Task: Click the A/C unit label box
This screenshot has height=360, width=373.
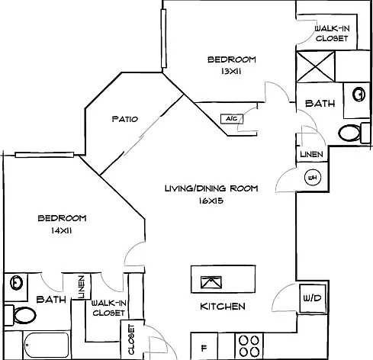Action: pyautogui.click(x=232, y=119)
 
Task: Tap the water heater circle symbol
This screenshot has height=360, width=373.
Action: pyautogui.click(x=313, y=177)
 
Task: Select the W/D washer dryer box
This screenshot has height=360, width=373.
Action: pyautogui.click(x=313, y=298)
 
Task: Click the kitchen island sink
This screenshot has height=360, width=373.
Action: pyautogui.click(x=211, y=282)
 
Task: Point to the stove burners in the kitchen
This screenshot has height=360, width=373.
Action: pyautogui.click(x=249, y=346)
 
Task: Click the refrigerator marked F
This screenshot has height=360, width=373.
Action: pyautogui.click(x=204, y=346)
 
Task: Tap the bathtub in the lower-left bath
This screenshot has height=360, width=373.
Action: pyautogui.click(x=47, y=345)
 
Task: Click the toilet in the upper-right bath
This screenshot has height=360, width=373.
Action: pyautogui.click(x=354, y=133)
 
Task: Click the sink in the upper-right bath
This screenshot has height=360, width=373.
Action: pyautogui.click(x=359, y=95)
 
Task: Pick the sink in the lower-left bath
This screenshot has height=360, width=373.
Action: pyautogui.click(x=17, y=282)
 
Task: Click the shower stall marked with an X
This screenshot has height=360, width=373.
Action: pyautogui.click(x=316, y=66)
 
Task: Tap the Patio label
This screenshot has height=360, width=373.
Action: pyautogui.click(x=125, y=119)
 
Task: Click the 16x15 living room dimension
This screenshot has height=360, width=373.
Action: pyautogui.click(x=211, y=201)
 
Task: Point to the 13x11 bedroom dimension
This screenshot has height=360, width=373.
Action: pyautogui.click(x=231, y=72)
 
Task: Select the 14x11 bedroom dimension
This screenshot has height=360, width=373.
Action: pyautogui.click(x=62, y=230)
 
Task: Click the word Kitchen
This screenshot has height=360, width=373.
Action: pyautogui.click(x=223, y=307)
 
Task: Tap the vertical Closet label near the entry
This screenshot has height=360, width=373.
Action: pyautogui.click(x=131, y=339)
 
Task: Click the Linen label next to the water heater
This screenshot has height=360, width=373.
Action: pyautogui.click(x=311, y=154)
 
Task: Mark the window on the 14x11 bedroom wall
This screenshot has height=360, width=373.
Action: pyautogui.click(x=44, y=155)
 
